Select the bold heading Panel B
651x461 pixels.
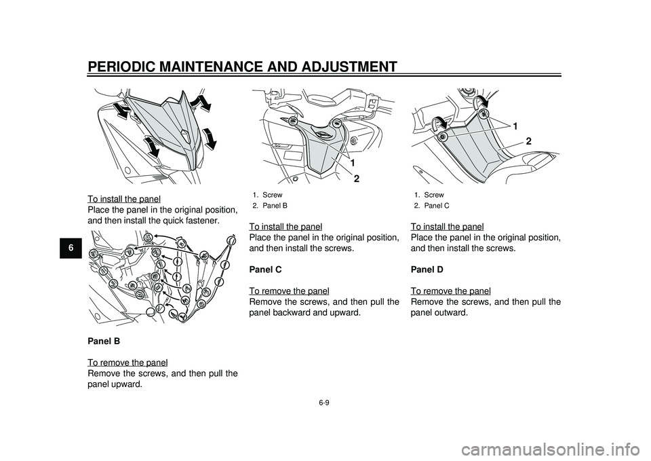pos(104,342)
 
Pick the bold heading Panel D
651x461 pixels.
pos(427,270)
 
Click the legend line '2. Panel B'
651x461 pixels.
pos(270,205)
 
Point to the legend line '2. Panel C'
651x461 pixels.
pos(431,205)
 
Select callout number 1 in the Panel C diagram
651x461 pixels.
pos(515,127)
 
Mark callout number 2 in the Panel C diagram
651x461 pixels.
pos(528,141)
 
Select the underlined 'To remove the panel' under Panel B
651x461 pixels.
pos(128,363)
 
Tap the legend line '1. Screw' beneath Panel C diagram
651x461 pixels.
pos(429,195)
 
